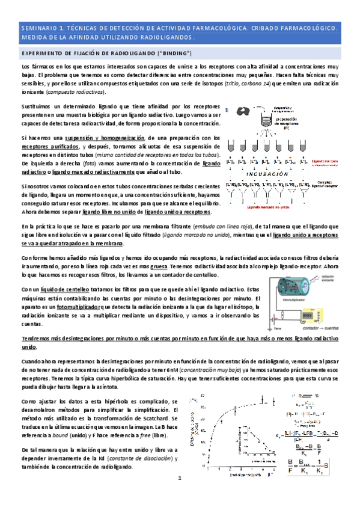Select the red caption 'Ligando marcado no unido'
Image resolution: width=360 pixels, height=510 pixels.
(x=268, y=206)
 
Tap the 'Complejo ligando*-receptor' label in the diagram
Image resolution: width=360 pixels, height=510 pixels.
(x=338, y=185)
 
